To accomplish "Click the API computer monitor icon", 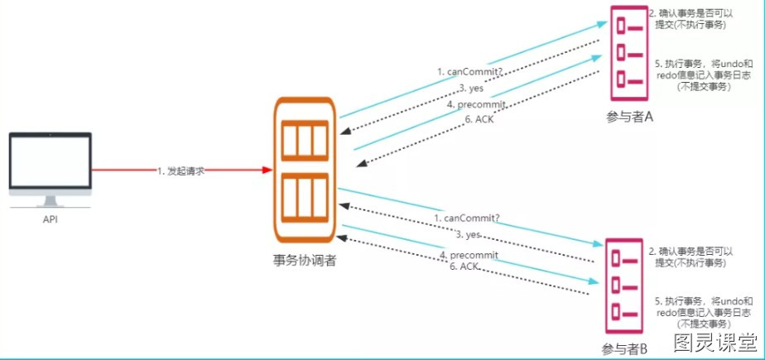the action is (51, 170).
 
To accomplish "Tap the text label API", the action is (51, 220).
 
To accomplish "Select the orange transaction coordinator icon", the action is (306, 170).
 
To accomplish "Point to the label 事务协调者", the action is (305, 261).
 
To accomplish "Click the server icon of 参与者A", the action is (629, 53).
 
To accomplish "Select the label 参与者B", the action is (624, 348).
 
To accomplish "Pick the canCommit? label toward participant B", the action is (468, 218).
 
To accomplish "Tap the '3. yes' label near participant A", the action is (471, 89).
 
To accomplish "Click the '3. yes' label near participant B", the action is (469, 235).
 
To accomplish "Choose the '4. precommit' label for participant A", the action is (473, 104).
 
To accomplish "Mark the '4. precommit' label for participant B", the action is (469, 255).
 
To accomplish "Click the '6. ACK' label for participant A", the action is (476, 119).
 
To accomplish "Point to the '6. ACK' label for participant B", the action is (464, 266).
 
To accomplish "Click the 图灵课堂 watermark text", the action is (716, 343).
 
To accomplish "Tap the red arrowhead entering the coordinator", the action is (267, 170).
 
